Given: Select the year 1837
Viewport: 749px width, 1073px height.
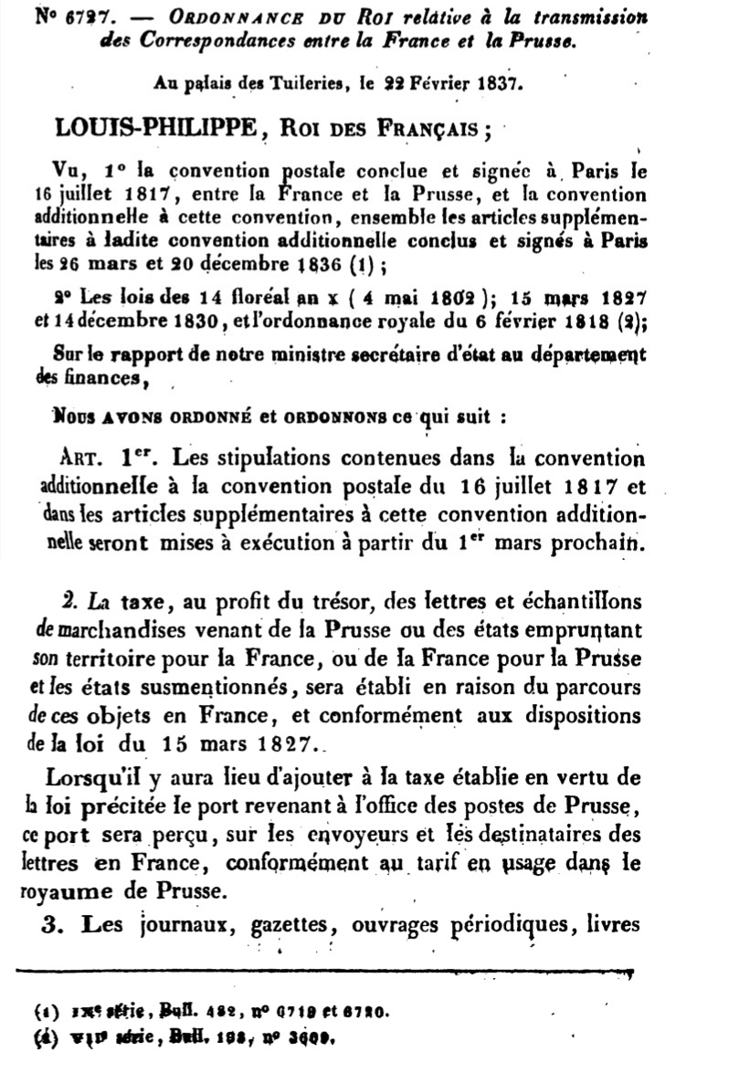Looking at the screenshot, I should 497,85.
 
